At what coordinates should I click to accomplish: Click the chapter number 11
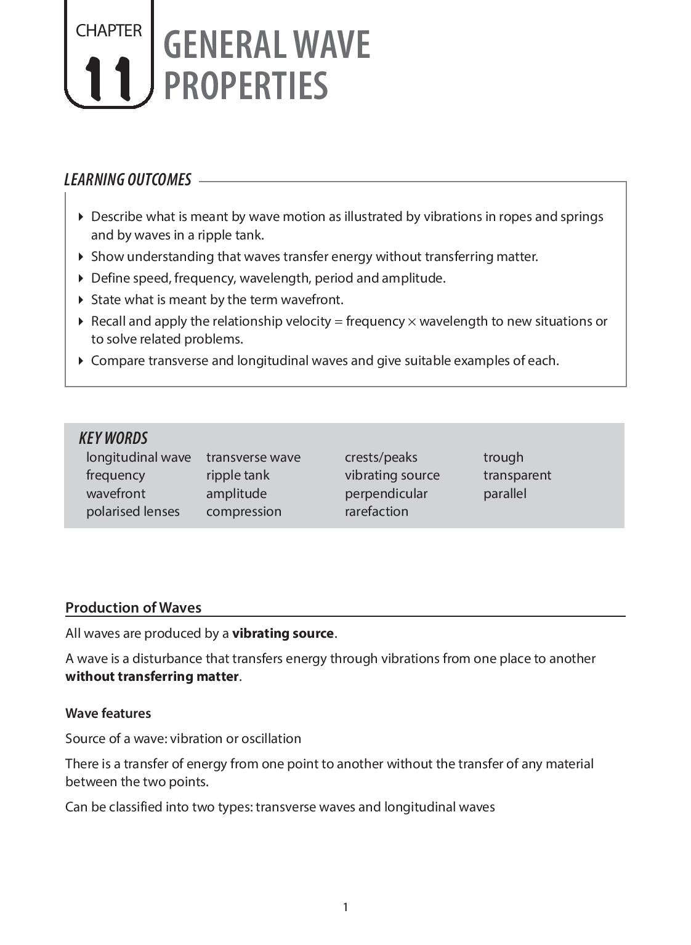(108, 78)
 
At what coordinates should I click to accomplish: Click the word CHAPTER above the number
(108, 30)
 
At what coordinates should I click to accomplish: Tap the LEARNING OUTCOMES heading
(127, 180)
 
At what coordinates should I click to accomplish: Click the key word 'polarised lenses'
(132, 512)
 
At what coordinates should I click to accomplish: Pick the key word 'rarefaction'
(376, 512)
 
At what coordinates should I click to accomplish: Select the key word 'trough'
(503, 457)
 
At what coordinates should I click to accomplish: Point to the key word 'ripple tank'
(238, 475)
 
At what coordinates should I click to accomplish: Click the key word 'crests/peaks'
(381, 457)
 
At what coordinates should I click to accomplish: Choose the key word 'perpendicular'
(386, 494)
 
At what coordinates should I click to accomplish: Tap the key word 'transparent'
(517, 475)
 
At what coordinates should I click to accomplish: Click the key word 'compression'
(243, 512)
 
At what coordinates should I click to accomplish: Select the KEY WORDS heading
(113, 438)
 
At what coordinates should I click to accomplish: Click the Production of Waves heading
(133, 608)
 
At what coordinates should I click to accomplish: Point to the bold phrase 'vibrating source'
(283, 633)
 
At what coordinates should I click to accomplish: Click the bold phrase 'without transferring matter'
(152, 677)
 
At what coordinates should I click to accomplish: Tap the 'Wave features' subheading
(108, 714)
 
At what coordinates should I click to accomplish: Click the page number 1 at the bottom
(345, 907)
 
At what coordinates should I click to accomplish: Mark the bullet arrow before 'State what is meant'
(81, 300)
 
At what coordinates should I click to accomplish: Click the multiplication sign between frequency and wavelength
(412, 322)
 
